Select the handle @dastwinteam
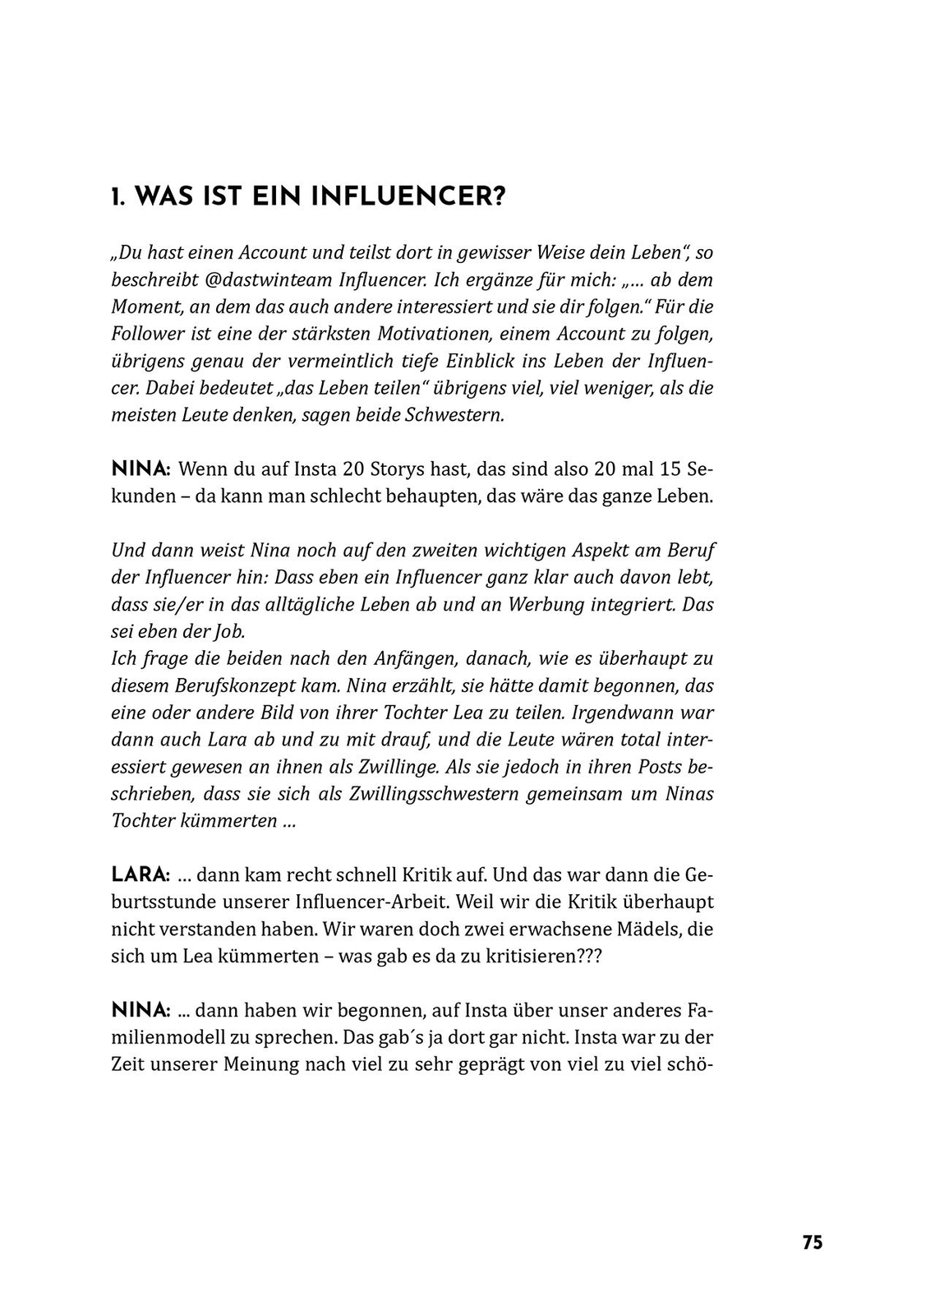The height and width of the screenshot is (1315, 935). click(269, 279)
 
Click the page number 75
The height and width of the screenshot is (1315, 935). click(812, 1242)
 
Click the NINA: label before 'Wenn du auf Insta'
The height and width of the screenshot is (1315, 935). click(140, 470)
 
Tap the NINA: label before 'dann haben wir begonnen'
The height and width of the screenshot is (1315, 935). click(140, 1010)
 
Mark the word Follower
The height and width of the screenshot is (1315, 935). click(145, 334)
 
